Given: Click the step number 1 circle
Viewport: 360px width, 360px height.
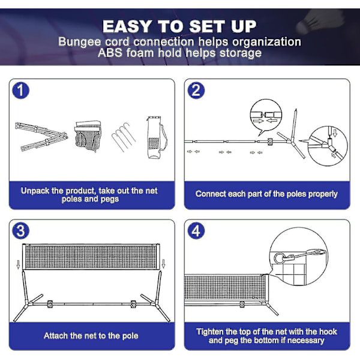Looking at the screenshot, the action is click(x=20, y=91).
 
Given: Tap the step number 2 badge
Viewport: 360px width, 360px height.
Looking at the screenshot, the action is click(x=196, y=91).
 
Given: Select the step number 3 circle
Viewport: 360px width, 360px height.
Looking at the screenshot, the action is click(x=20, y=231).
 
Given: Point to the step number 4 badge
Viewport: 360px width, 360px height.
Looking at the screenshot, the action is click(x=196, y=231).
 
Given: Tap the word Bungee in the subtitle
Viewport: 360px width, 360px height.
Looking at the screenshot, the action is click(x=80, y=42).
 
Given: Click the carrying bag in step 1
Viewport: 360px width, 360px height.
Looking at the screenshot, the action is click(x=157, y=137).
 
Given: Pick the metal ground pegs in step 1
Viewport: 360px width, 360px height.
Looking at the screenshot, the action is click(x=124, y=137).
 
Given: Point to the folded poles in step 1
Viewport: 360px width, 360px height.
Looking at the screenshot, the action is click(x=41, y=137).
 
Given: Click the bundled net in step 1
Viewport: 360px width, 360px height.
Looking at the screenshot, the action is click(x=88, y=136).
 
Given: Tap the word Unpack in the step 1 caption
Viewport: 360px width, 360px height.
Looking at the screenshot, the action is click(x=35, y=191).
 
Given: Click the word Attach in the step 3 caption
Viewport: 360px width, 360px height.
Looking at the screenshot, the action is click(x=56, y=335).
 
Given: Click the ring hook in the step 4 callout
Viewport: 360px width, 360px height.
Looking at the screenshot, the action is click(x=280, y=258).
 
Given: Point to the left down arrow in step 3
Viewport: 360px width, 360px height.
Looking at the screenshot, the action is click(x=19, y=265).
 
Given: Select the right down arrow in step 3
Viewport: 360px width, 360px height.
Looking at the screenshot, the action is click(x=163, y=263).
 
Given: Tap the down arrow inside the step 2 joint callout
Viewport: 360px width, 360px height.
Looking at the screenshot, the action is click(x=335, y=133).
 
